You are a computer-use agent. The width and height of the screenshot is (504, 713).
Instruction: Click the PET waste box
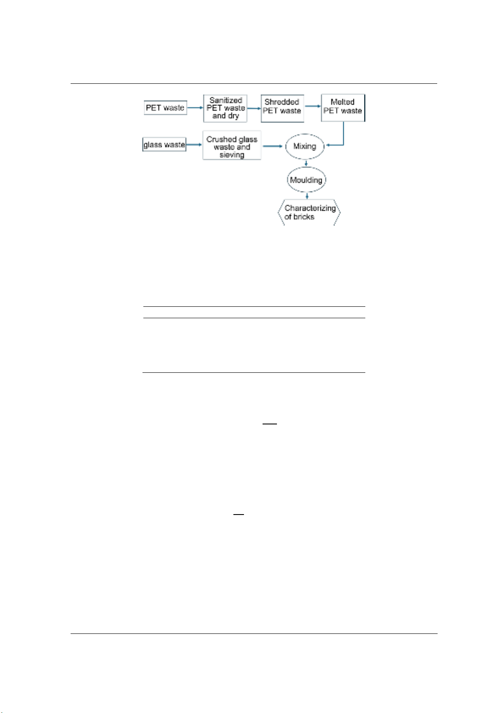point(165,107)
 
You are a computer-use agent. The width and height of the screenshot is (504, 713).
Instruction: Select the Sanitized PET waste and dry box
point(225,108)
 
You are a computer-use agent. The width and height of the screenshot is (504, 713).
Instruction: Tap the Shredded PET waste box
point(282,108)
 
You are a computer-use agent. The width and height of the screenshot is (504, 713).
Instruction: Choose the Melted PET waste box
point(343,107)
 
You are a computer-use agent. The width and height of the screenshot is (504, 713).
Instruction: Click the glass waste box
point(164,145)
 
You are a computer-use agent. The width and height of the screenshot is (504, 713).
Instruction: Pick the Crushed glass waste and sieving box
point(232,145)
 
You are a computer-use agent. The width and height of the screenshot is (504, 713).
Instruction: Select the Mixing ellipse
point(304,146)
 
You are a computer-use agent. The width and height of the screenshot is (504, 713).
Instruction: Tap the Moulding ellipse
point(306,180)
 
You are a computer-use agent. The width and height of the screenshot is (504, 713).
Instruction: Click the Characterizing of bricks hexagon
point(309,212)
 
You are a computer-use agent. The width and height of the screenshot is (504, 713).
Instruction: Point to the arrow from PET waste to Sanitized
point(195,107)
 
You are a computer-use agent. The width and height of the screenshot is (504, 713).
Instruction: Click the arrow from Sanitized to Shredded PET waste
point(254,108)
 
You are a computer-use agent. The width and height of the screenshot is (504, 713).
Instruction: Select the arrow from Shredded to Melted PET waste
point(312,106)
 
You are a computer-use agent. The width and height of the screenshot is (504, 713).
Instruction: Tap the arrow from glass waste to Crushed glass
point(194,145)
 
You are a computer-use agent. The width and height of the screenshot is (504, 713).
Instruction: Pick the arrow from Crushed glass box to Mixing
point(273,146)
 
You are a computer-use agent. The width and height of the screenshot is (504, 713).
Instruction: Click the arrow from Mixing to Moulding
point(306,163)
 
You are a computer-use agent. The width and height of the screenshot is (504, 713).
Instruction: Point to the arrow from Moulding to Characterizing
point(307,196)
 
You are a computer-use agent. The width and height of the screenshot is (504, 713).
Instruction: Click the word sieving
point(232,155)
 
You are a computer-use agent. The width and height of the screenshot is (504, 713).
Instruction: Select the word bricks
point(304,217)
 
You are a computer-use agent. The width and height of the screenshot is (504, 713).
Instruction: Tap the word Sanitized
point(225,100)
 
